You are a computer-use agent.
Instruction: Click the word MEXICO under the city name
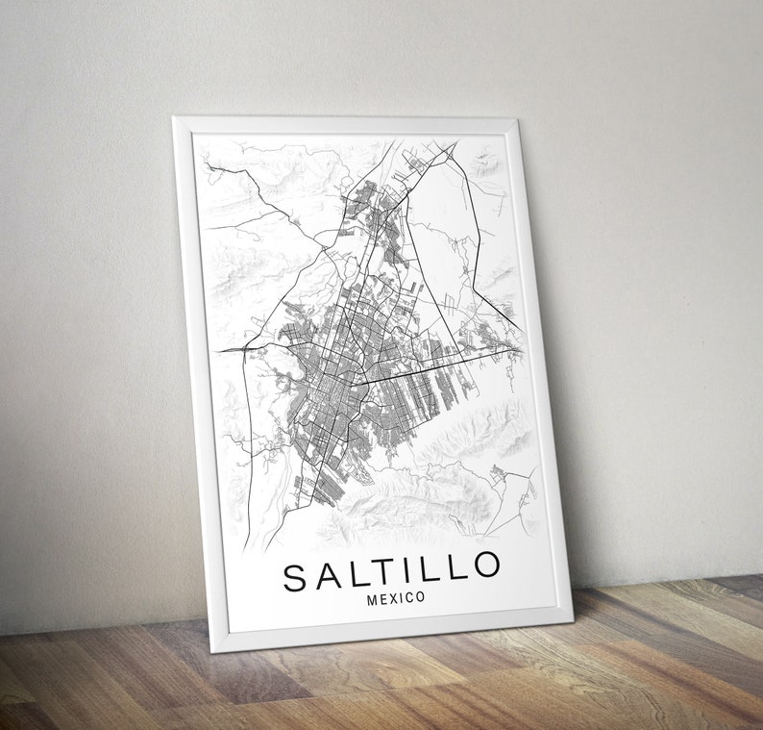pyautogui.click(x=396, y=598)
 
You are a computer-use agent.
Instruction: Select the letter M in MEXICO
pyautogui.click(x=372, y=599)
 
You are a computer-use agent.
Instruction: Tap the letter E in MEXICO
pyautogui.click(x=383, y=599)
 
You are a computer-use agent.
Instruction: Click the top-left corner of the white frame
pyautogui.click(x=174, y=118)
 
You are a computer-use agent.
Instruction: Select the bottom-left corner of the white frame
pyautogui.click(x=214, y=650)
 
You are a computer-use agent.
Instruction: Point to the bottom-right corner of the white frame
pyautogui.click(x=572, y=617)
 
